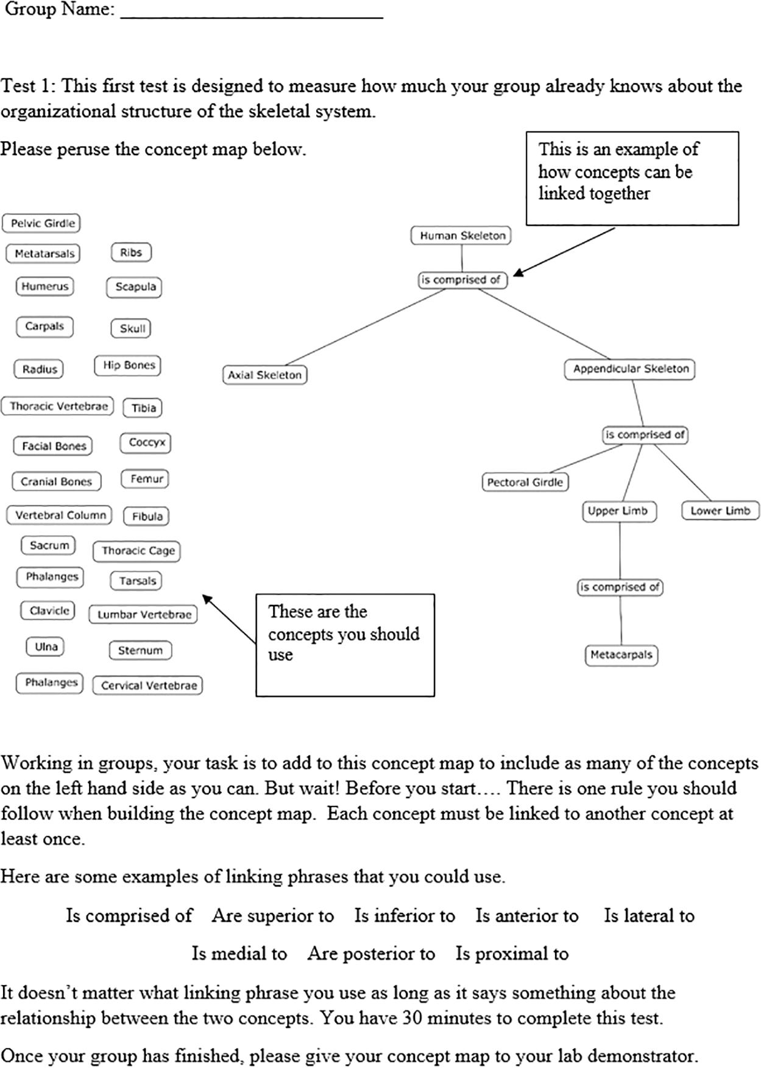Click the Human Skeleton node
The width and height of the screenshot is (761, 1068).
pyautogui.click(x=461, y=236)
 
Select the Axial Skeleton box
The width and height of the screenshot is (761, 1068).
pyautogui.click(x=264, y=375)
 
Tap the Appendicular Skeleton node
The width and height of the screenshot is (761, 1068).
pyautogui.click(x=630, y=369)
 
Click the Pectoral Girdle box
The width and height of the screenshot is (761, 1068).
pyautogui.click(x=525, y=483)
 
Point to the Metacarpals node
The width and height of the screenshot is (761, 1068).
pyautogui.click(x=621, y=655)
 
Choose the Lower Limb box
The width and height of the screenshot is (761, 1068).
pyautogui.click(x=720, y=511)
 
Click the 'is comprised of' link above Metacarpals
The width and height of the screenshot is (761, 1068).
pyautogui.click(x=620, y=587)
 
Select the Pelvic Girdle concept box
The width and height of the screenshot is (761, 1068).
pyautogui.click(x=42, y=224)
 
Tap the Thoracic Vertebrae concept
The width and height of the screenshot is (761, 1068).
pyautogui.click(x=58, y=406)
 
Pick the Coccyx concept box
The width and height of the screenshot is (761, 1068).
pyautogui.click(x=146, y=443)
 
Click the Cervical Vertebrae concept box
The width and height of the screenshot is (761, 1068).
pyautogui.click(x=148, y=685)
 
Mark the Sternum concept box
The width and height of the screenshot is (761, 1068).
pyautogui.click(x=140, y=651)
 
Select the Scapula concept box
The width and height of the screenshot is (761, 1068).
pyautogui.click(x=135, y=287)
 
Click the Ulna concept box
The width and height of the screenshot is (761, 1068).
pyautogui.click(x=46, y=647)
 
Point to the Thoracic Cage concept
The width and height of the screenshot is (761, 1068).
pyautogui.click(x=137, y=551)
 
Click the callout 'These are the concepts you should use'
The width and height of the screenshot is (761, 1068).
pyautogui.click(x=344, y=645)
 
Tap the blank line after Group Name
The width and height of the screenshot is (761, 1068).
pyautogui.click(x=251, y=12)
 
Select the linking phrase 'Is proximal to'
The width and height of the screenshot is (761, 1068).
pyautogui.click(x=512, y=953)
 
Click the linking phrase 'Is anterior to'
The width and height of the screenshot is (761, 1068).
pyautogui.click(x=526, y=916)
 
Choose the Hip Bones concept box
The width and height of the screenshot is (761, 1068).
pyautogui.click(x=128, y=366)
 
